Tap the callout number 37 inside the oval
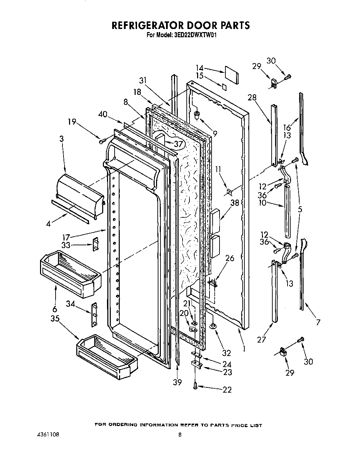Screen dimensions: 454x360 (178, 143)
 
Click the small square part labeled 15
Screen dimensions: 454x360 (225, 87)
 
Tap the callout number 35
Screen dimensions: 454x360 (55, 319)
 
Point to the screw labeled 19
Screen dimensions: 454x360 (102, 141)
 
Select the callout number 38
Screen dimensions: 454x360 (235, 203)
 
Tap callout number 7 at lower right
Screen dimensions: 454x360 (318, 323)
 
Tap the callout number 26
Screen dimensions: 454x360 (229, 258)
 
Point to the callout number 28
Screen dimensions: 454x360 (252, 97)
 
